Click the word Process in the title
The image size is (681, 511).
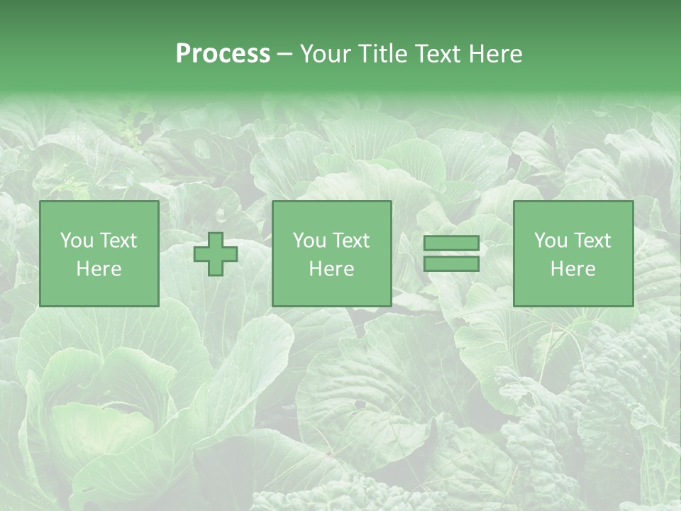click(223, 54)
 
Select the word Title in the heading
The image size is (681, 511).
click(384, 54)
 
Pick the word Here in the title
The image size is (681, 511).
click(497, 54)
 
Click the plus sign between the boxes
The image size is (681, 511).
click(216, 254)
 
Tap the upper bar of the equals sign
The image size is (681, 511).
click(451, 243)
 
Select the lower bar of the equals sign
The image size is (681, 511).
click(451, 264)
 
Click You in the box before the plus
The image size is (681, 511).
click(75, 241)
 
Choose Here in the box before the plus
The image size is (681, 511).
click(99, 269)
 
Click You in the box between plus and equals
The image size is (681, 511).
click(309, 241)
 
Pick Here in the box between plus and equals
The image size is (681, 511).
click(331, 269)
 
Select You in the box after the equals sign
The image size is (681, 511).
click(550, 241)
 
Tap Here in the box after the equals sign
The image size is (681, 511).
click(573, 269)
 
